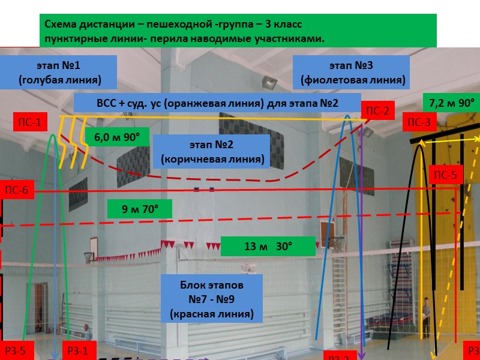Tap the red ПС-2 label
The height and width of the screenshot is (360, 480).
(377, 110)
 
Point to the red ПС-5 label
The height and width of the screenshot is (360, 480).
(445, 176)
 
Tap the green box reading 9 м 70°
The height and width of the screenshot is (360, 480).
(140, 209)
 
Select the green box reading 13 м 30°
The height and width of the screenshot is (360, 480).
(268, 246)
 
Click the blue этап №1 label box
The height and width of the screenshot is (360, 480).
(59, 71)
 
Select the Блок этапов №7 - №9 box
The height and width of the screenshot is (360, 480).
(212, 297)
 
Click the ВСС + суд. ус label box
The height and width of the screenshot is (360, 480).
(217, 103)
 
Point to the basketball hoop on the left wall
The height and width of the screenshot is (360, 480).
(89, 255)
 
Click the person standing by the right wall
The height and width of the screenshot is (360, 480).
(425, 312)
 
